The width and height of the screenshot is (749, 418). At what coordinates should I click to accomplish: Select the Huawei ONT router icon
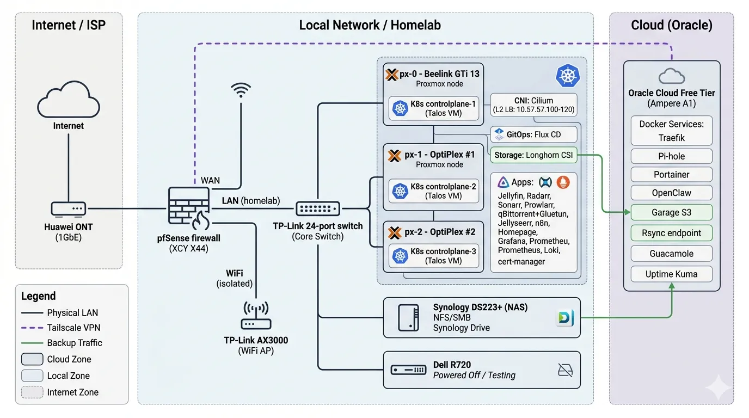68,208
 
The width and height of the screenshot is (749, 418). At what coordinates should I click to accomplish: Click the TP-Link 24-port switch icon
318,208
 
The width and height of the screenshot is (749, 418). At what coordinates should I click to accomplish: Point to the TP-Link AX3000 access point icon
256,317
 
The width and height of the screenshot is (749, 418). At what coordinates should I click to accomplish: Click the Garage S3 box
671,213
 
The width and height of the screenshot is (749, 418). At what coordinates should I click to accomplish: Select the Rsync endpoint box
671,233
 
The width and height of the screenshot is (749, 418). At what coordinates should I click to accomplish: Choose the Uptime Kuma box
671,274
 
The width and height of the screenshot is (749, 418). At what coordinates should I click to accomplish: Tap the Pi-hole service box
671,156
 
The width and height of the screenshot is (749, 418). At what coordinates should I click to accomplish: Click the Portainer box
671,175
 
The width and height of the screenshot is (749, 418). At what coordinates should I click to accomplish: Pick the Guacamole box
671,254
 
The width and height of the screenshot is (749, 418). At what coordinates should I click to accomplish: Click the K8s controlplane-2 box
434,191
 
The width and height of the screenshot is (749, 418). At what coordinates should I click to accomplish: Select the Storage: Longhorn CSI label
533,155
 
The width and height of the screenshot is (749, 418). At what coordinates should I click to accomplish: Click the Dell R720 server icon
408,370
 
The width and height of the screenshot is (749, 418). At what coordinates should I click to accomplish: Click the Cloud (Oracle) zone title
671,25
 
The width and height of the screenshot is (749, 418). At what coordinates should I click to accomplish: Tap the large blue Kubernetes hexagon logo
567,76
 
